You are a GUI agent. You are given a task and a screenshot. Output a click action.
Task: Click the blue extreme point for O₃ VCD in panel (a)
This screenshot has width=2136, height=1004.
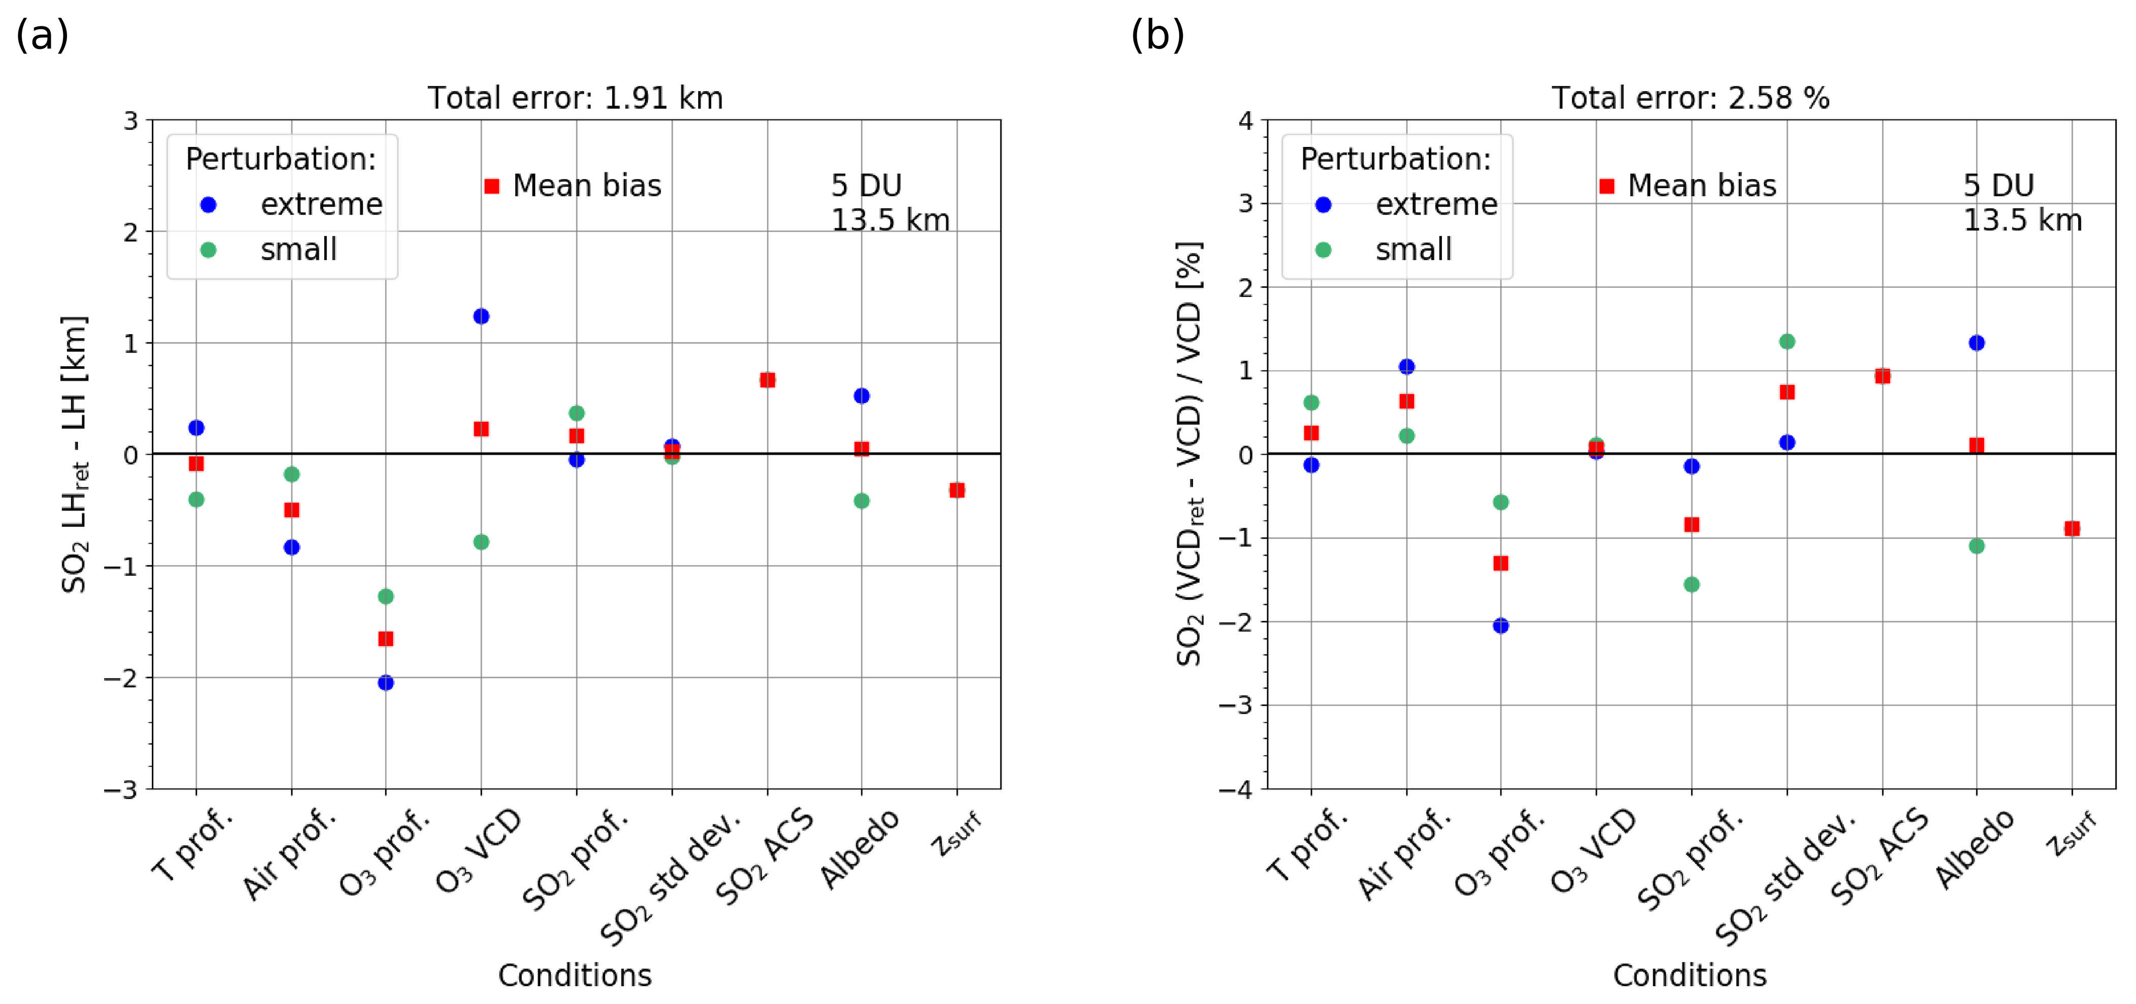click(x=481, y=316)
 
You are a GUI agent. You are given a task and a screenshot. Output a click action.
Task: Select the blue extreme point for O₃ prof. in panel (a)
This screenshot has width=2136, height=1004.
click(x=386, y=683)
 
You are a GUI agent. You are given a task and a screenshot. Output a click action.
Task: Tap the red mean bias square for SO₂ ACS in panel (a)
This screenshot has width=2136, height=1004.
click(x=768, y=380)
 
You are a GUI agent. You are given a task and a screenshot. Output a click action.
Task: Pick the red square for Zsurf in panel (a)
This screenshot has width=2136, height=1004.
click(x=957, y=490)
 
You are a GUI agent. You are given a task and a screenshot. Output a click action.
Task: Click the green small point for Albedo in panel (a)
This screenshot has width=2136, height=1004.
click(x=862, y=501)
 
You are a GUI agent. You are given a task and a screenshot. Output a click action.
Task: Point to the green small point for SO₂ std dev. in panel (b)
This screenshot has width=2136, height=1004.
click(x=1787, y=342)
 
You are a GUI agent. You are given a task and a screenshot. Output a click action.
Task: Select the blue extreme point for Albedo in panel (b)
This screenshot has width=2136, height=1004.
click(x=1977, y=343)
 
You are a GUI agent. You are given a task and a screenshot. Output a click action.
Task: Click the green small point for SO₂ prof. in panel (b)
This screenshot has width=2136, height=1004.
click(x=1691, y=585)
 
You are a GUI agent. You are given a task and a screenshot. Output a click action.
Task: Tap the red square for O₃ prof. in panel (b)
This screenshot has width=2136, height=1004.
click(x=1501, y=564)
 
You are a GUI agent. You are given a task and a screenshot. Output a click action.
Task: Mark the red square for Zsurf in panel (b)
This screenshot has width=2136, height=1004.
click(x=2072, y=528)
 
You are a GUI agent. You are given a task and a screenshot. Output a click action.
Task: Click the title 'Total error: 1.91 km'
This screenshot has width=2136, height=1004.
click(x=576, y=98)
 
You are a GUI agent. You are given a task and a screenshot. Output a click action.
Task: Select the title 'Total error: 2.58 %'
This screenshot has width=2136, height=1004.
click(x=1691, y=98)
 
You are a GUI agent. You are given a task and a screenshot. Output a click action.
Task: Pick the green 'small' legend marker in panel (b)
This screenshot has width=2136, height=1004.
click(x=1324, y=250)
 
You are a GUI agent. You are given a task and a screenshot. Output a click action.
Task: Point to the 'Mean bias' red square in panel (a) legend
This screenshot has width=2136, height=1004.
click(x=492, y=186)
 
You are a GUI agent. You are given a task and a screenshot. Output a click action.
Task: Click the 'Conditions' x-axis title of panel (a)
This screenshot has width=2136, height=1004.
click(x=575, y=975)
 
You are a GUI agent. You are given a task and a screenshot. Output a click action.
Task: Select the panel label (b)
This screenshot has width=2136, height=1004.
click(x=1157, y=36)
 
